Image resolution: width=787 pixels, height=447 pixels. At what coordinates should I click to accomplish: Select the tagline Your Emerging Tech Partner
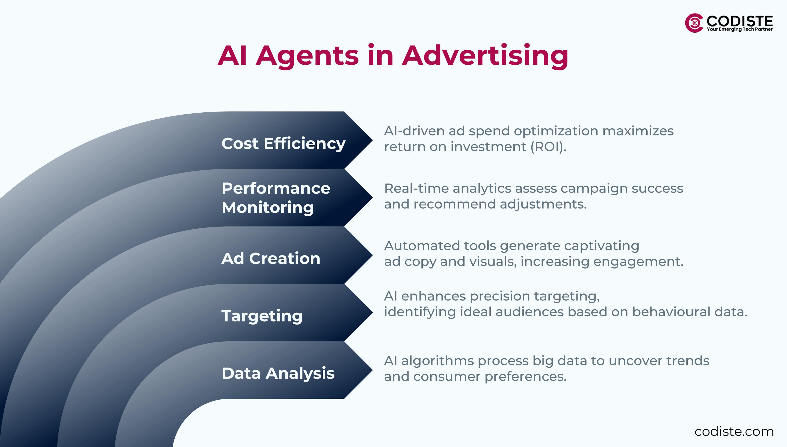click(739, 29)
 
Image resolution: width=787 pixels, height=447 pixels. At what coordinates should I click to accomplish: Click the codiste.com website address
click(734, 431)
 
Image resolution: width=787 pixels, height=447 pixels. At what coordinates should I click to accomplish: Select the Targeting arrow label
click(262, 316)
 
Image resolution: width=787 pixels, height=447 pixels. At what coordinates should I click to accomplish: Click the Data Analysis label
click(278, 373)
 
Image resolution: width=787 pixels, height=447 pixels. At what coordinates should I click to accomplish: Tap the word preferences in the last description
click(525, 377)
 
